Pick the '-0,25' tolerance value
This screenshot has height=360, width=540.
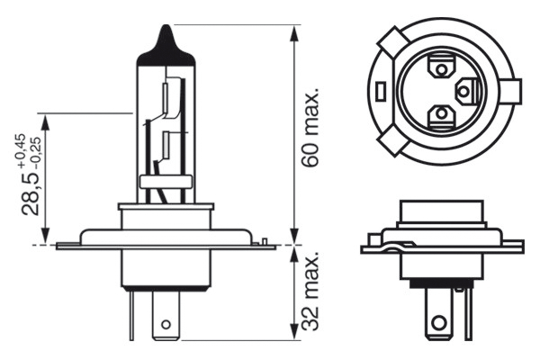(34, 154)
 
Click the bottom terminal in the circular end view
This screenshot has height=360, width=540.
(441, 115)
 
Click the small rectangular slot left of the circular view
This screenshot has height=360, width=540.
(382, 90)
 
